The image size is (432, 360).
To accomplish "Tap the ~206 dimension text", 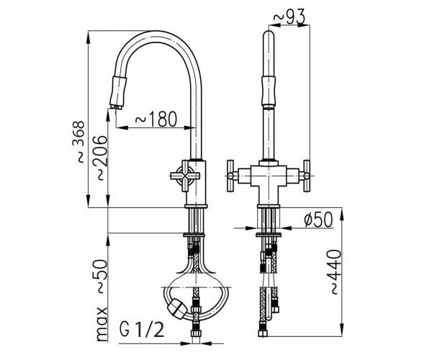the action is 100,158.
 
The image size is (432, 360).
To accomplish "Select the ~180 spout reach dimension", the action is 156,120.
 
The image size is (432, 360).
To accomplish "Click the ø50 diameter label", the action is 318,220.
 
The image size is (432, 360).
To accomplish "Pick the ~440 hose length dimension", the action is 336,272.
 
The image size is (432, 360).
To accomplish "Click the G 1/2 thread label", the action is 142,330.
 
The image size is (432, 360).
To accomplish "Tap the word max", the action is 102,324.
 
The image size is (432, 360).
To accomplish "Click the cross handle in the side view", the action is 185,176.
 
